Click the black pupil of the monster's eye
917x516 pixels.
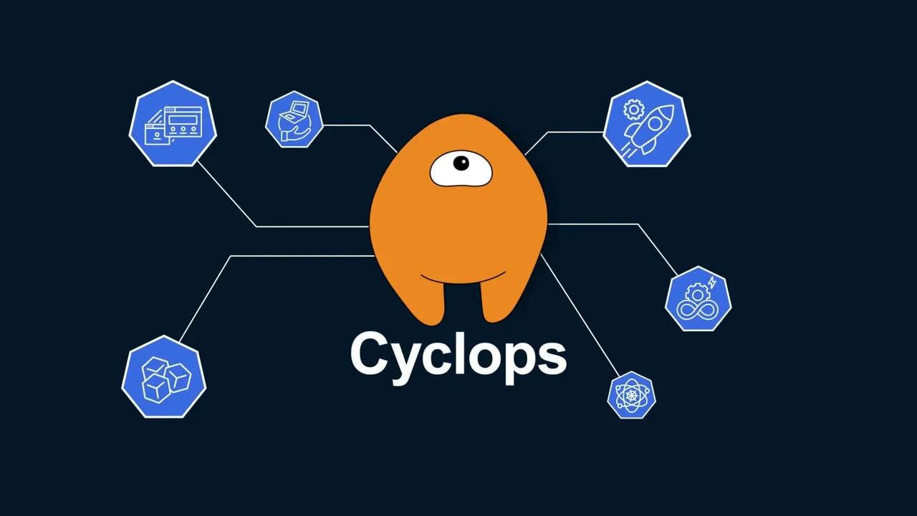click(x=461, y=164)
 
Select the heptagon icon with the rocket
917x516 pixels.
click(x=647, y=125)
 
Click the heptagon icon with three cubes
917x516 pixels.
click(x=164, y=377)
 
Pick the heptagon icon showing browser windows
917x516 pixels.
click(x=173, y=124)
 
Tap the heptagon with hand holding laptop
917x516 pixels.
click(x=294, y=120)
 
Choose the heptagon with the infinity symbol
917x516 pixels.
click(x=698, y=299)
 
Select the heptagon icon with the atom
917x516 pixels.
click(x=631, y=395)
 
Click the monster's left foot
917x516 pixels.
click(x=427, y=305)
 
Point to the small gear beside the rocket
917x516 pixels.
click(x=633, y=110)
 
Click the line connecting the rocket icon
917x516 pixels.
click(x=573, y=133)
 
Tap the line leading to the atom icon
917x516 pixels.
click(x=580, y=315)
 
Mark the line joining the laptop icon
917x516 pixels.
click(x=347, y=125)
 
